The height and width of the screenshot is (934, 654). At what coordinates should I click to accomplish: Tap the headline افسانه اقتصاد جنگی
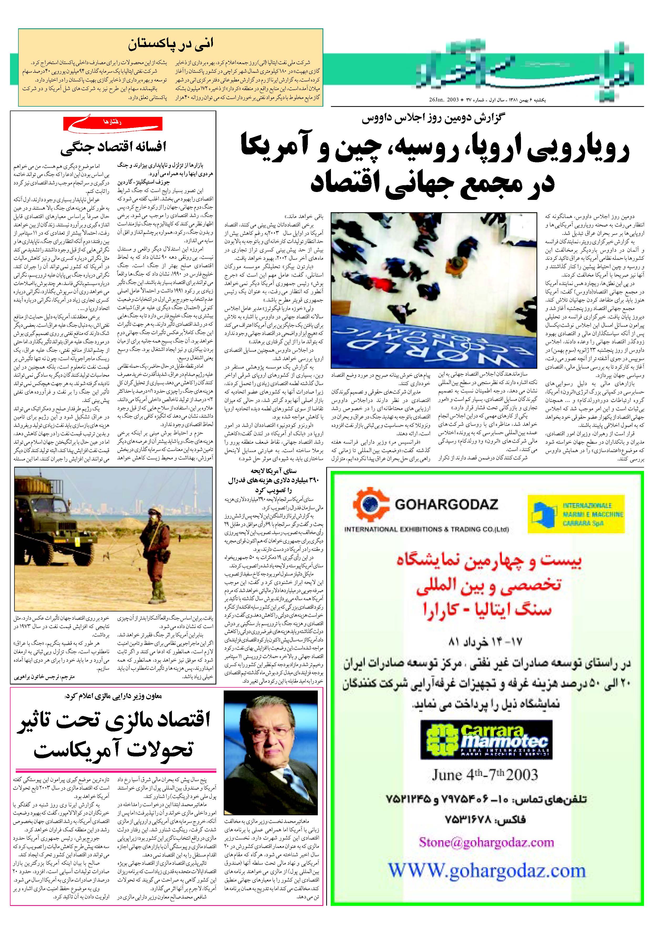click(x=113, y=147)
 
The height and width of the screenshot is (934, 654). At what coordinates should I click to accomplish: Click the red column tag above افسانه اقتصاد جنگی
click(x=113, y=123)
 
